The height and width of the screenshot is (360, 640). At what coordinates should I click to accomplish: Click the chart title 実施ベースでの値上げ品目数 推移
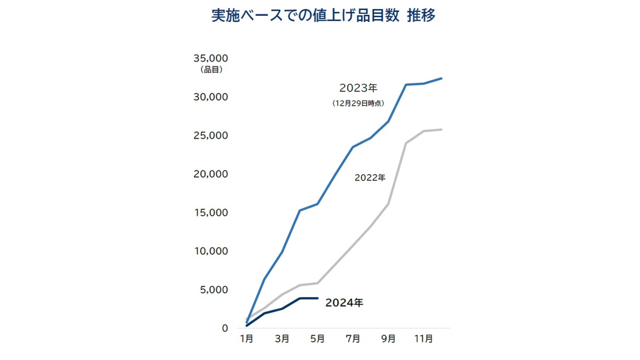coord(323,16)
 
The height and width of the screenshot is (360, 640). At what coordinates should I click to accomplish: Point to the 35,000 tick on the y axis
coord(211,58)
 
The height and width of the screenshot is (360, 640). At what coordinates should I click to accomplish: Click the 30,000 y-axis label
coord(211,97)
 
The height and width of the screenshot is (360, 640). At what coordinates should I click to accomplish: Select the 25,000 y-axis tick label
coord(211,136)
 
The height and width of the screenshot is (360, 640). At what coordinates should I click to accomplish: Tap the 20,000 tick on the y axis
coord(211,174)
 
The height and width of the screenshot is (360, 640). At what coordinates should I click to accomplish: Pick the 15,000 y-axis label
coord(211,213)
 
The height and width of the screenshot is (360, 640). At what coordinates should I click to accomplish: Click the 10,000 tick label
coord(211,251)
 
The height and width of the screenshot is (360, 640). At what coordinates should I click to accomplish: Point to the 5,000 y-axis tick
coord(214,290)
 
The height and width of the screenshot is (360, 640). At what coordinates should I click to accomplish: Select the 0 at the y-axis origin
coord(225,328)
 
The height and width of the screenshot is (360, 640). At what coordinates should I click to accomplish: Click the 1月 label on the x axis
coord(246,339)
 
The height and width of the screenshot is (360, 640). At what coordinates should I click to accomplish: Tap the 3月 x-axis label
coord(282,339)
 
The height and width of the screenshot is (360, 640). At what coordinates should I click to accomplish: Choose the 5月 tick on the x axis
coord(318,339)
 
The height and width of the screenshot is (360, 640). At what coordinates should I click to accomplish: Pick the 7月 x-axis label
coord(353,339)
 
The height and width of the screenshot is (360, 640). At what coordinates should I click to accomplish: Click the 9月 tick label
coord(388,339)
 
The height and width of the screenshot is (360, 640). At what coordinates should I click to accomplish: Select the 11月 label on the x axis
coord(423,339)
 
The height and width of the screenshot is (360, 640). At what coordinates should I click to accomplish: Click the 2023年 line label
coord(358,88)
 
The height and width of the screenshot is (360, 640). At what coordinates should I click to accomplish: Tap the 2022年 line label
coord(370,178)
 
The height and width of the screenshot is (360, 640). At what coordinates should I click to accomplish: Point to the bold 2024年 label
coord(344,303)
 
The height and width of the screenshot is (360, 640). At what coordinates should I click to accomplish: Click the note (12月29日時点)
coord(358,103)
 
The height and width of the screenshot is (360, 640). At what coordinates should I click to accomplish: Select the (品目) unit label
coord(212,70)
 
